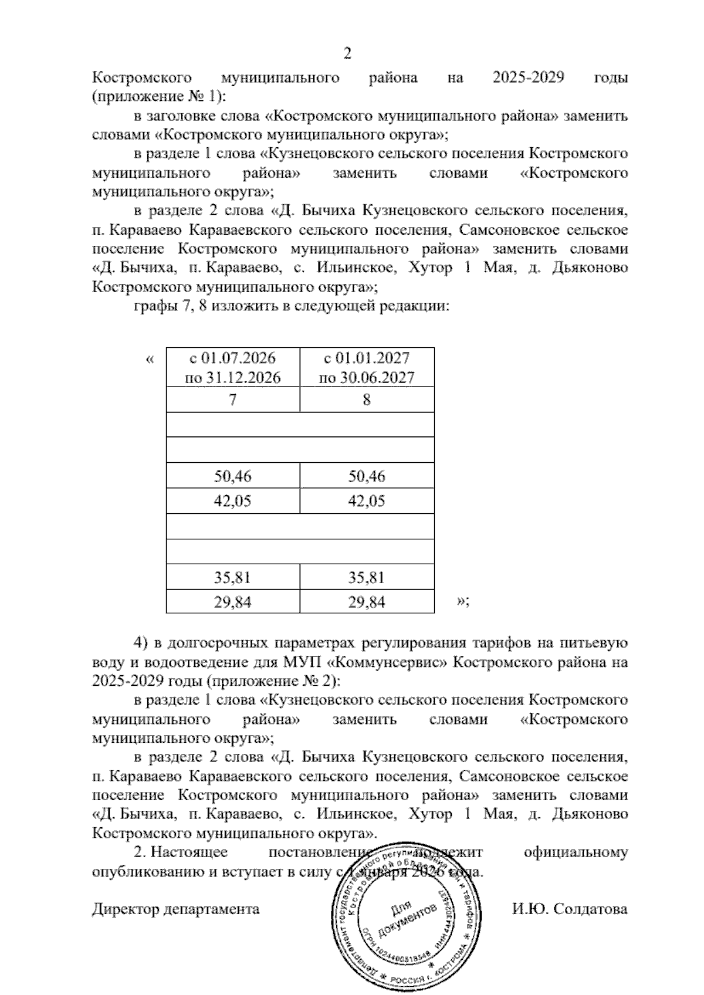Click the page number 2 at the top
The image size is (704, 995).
point(347,53)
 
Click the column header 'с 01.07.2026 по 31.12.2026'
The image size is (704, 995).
point(233,367)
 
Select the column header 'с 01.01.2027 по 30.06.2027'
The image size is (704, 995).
point(367,367)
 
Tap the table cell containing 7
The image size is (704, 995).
point(233,400)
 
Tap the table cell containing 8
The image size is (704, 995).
point(367,400)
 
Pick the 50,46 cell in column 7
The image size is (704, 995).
point(233,476)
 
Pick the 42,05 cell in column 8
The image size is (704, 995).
point(367,501)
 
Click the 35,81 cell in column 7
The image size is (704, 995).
point(233,577)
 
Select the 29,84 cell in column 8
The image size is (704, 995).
point(367,602)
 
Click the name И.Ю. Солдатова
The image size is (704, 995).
point(569,909)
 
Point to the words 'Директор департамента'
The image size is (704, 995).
point(176,909)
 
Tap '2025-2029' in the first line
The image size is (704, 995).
point(528,77)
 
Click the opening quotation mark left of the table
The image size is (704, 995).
point(150,358)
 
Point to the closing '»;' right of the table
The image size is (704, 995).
point(462,602)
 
